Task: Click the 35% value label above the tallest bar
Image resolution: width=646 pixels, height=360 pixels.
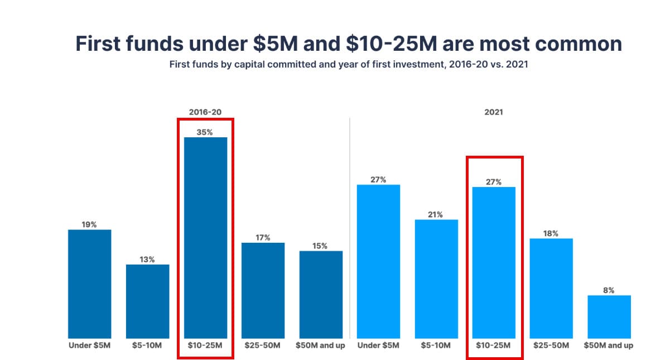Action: (205, 132)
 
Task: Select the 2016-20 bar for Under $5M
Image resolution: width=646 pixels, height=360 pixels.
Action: (90, 284)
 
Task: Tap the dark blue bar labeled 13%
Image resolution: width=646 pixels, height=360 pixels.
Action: (147, 301)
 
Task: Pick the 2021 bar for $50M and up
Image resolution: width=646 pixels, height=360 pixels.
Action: (609, 316)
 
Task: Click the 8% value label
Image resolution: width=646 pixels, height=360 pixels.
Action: (609, 290)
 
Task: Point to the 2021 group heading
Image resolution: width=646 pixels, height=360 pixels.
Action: (494, 112)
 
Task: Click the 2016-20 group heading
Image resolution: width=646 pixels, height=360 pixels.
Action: (205, 112)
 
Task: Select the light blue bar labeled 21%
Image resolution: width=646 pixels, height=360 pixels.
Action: (436, 279)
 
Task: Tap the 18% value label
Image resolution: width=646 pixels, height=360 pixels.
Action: (551, 233)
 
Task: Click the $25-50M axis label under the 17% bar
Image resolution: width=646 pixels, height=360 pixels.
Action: (263, 345)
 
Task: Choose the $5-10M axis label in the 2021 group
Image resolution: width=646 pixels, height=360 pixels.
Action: (436, 345)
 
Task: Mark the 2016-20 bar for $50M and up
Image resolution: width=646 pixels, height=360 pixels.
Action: (321, 294)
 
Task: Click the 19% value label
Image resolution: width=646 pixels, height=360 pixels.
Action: (90, 224)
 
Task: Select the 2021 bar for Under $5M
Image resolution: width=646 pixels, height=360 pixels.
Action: (378, 261)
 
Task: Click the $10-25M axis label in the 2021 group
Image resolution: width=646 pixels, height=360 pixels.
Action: (494, 345)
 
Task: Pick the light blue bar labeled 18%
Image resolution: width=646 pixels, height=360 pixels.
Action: (551, 288)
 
